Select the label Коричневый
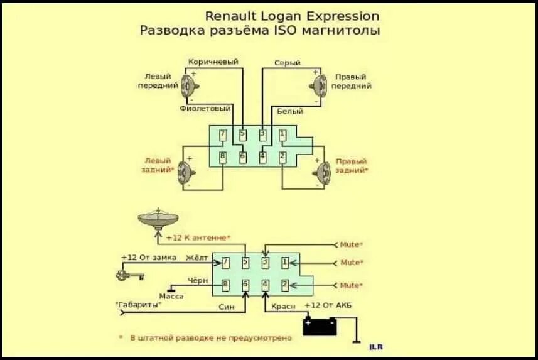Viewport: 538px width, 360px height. pos(213,62)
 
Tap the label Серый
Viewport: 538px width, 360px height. pos(287,63)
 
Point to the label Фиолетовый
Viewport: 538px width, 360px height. pos(205,108)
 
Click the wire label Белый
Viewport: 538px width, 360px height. pos(289,111)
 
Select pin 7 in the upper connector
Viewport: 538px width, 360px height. pos(222,134)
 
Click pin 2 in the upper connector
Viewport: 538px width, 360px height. pos(282,156)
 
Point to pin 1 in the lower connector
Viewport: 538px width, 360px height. pos(285,262)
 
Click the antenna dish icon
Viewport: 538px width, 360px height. pos(158,219)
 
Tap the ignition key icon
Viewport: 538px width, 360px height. pos(129,275)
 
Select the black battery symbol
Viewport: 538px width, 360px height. pos(320,326)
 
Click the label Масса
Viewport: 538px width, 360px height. pos(171,295)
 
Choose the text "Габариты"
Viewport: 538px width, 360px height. pos(138,305)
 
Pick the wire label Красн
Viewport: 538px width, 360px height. pos(283,306)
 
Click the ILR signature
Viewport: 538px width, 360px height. pos(375,346)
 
